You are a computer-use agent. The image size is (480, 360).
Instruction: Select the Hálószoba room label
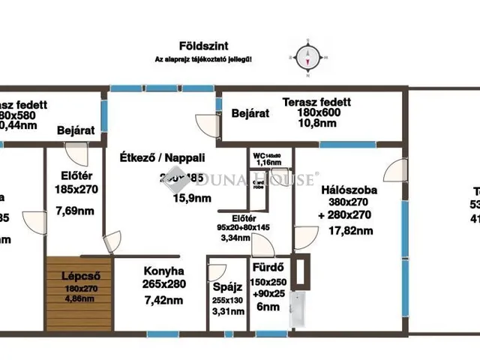[348, 190]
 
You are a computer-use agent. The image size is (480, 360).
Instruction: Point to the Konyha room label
[163, 271]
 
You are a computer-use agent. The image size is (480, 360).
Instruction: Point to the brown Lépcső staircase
[77, 292]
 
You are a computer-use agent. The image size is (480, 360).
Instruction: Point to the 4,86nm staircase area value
[79, 298]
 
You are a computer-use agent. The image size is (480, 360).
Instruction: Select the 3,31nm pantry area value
[226, 313]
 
